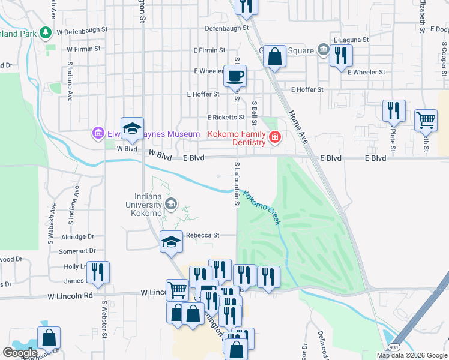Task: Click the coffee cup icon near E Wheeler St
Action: point(235,77)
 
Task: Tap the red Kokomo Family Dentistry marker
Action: point(275,138)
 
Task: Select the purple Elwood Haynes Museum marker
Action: point(98,133)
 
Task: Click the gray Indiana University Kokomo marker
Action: point(171,204)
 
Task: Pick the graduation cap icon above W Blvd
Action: point(132,128)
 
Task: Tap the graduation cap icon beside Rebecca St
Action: point(171,242)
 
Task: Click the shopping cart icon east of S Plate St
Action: point(426,120)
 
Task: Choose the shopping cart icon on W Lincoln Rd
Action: point(177,290)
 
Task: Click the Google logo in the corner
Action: point(20,352)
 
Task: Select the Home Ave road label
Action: point(297,126)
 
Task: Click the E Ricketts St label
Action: point(226,118)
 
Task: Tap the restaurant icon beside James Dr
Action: point(97,272)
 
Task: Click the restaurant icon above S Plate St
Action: point(394,111)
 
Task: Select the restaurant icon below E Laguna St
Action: point(340,56)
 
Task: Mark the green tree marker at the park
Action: point(45,32)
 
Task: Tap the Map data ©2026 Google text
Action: point(411,355)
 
